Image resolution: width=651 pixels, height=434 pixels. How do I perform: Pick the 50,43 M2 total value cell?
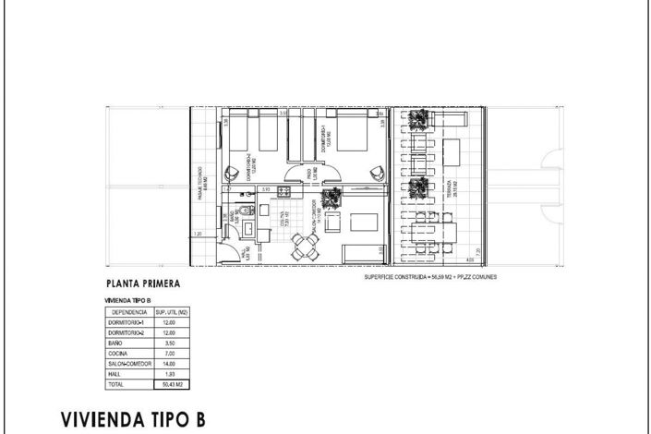click(x=173, y=383)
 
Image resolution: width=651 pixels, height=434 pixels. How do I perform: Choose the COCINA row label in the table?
click(x=116, y=353)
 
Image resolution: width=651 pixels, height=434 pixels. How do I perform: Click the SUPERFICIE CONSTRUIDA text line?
click(x=430, y=276)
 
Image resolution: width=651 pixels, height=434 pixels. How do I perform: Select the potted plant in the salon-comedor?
click(x=332, y=194)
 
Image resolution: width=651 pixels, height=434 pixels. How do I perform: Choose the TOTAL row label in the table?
click(x=115, y=383)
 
